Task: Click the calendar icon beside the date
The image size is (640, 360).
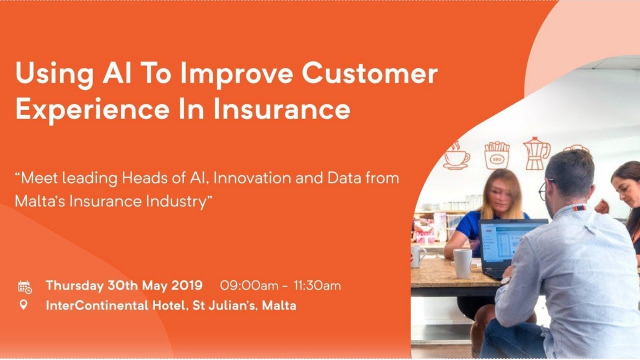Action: click(24, 286)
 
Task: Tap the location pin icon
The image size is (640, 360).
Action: click(23, 304)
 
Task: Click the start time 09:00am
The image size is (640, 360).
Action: click(249, 286)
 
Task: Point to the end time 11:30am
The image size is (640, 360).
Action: click(317, 286)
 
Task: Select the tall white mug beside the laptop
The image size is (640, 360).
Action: click(462, 263)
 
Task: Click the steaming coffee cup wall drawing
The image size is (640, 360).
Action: click(456, 156)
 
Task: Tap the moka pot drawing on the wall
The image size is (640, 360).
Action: click(535, 153)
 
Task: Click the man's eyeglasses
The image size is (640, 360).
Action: click(544, 189)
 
